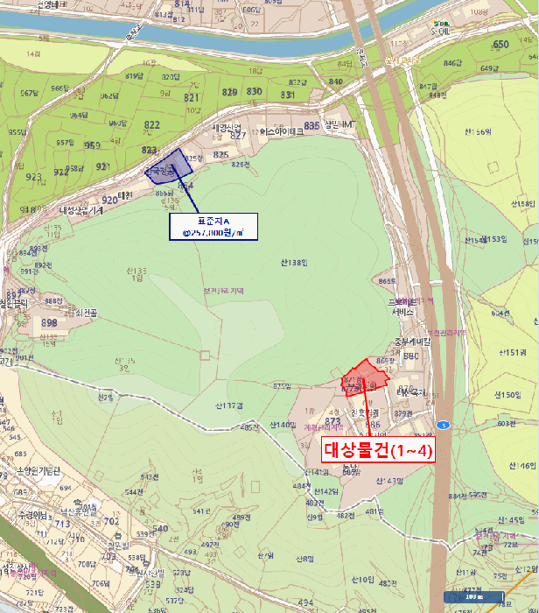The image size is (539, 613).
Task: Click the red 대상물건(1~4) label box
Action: click(x=377, y=450)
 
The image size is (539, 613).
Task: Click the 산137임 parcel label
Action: click(x=227, y=406)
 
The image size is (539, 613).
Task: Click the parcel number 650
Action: click(x=500, y=45)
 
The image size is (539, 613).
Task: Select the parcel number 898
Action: click(x=49, y=323)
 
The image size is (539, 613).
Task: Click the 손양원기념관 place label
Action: click(x=36, y=472)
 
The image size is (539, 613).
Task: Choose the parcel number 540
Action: click(x=159, y=528)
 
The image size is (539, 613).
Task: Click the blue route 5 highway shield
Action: click(x=444, y=426)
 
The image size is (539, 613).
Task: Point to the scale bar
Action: click(x=472, y=597)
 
